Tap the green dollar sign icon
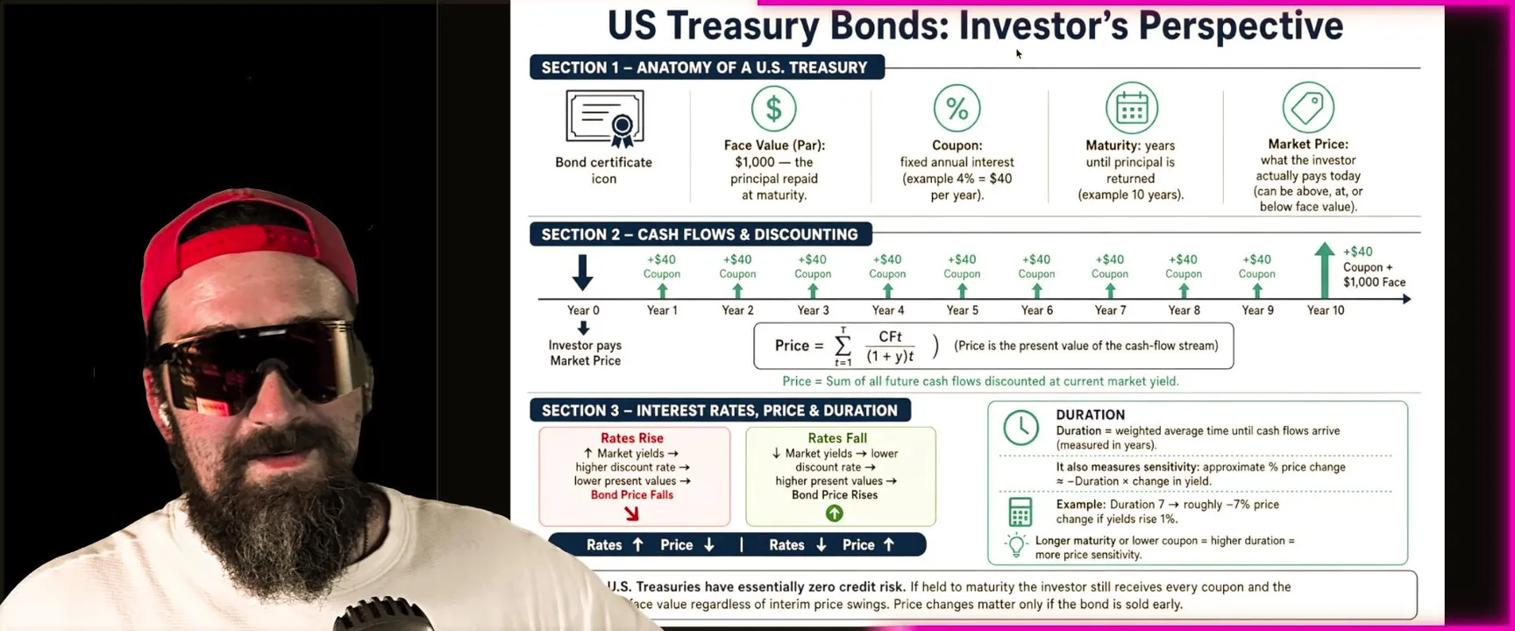773,109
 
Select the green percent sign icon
957,109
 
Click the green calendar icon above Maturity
1132,109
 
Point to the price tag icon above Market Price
1308,108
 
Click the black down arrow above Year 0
583,273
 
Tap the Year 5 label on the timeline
962,310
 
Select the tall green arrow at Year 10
1325,271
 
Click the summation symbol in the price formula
843,346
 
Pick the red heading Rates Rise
632,438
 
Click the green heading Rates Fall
837,438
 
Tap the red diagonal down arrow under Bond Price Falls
631,514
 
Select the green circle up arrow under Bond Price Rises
835,514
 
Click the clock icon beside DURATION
1021,428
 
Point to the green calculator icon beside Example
1021,512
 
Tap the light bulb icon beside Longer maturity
1016,545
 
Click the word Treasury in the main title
743,25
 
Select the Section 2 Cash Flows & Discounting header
701,235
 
